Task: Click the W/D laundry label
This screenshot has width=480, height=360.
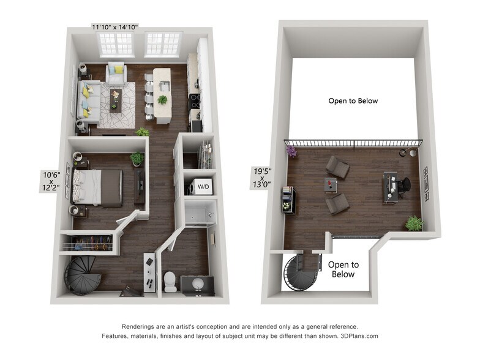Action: [x=201, y=185]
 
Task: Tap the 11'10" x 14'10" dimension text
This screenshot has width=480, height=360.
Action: [x=115, y=27]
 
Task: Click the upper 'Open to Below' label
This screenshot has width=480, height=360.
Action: [x=353, y=101]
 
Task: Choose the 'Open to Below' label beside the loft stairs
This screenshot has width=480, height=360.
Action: [x=343, y=269]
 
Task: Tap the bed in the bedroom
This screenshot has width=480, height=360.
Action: [x=97, y=186]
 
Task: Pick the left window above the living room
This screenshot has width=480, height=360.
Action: [x=116, y=44]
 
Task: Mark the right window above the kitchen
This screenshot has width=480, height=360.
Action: [x=163, y=44]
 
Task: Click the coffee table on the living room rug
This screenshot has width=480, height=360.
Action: [x=116, y=100]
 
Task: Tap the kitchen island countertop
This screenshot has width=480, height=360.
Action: [x=162, y=95]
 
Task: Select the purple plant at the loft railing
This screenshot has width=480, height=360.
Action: [x=290, y=150]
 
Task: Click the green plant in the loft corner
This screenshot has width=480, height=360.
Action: [x=414, y=223]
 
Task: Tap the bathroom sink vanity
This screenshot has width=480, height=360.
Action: [x=198, y=285]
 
